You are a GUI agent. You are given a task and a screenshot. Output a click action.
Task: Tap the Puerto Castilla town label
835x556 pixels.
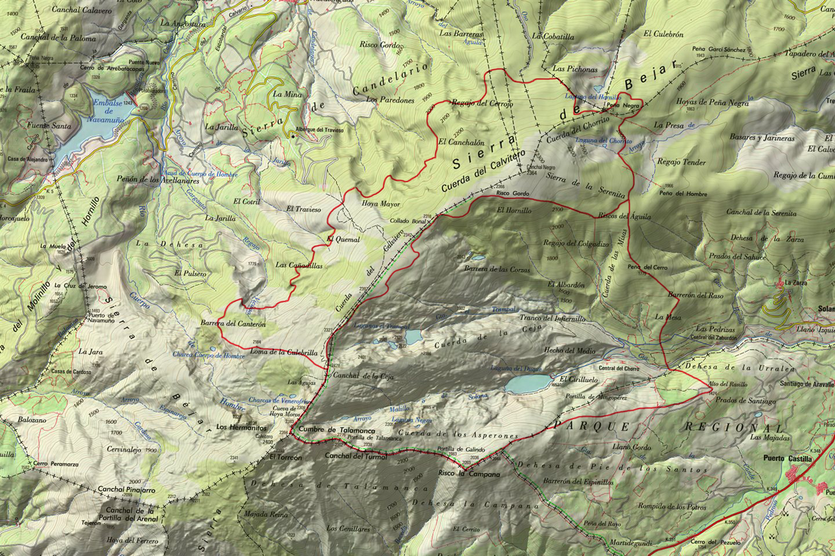(x=789, y=459)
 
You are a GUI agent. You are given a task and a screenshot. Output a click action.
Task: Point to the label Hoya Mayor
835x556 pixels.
(x=381, y=204)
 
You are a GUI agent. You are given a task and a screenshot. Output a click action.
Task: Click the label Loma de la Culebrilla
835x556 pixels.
(x=284, y=352)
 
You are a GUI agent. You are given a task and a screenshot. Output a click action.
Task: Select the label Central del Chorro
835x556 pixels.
(x=619, y=368)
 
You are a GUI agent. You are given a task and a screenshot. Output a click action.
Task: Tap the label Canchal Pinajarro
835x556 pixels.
(x=126, y=490)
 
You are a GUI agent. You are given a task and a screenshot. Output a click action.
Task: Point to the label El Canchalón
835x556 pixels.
(x=462, y=141)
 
